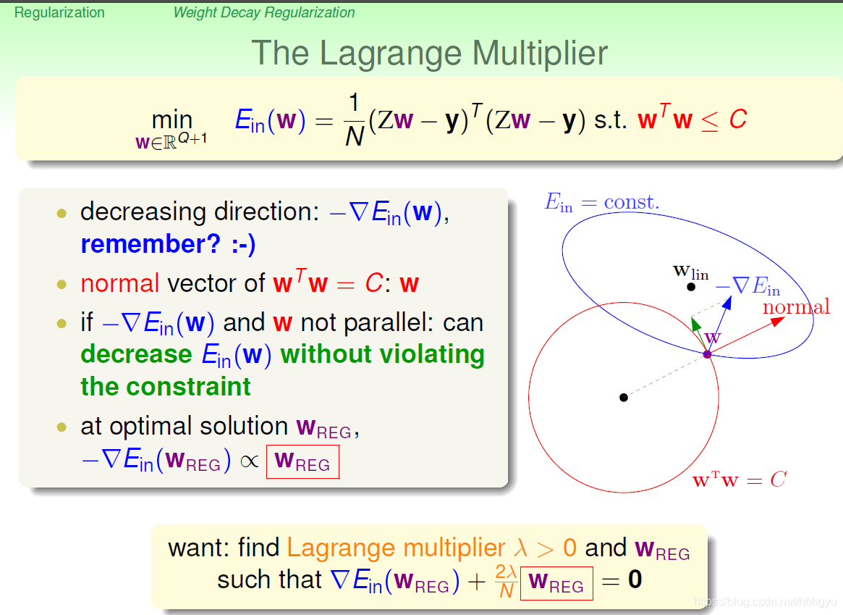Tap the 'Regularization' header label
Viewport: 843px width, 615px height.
click(x=59, y=12)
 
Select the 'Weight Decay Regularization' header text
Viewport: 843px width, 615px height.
click(x=264, y=12)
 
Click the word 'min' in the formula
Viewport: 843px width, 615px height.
click(x=172, y=120)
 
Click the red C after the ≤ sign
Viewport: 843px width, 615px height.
click(x=737, y=120)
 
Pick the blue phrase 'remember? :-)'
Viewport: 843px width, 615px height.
click(x=168, y=244)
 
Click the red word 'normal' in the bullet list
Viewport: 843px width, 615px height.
click(x=120, y=283)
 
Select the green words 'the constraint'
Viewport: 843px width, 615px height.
click(x=166, y=386)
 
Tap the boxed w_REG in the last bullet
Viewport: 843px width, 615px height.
click(x=302, y=462)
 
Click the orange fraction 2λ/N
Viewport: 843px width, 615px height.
click(x=507, y=582)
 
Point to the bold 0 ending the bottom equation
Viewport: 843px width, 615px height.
click(x=635, y=580)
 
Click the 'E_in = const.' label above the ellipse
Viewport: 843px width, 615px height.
click(x=601, y=203)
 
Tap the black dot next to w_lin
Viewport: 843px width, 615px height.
click(x=691, y=287)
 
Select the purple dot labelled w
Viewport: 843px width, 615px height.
click(x=708, y=354)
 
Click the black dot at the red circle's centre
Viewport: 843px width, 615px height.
click(x=624, y=397)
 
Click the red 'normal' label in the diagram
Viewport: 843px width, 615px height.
click(x=796, y=307)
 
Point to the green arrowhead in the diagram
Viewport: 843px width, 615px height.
click(x=696, y=323)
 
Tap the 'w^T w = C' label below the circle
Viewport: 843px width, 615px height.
click(x=740, y=480)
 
